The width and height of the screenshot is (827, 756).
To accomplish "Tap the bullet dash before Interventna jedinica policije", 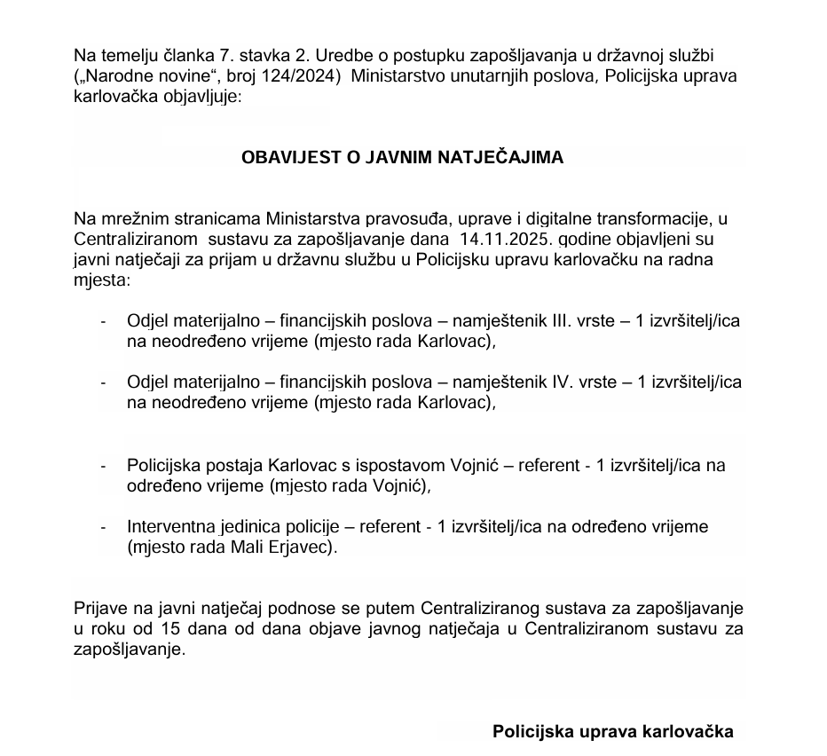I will (106, 527).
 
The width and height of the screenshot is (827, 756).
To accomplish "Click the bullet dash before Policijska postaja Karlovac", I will (106, 465).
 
